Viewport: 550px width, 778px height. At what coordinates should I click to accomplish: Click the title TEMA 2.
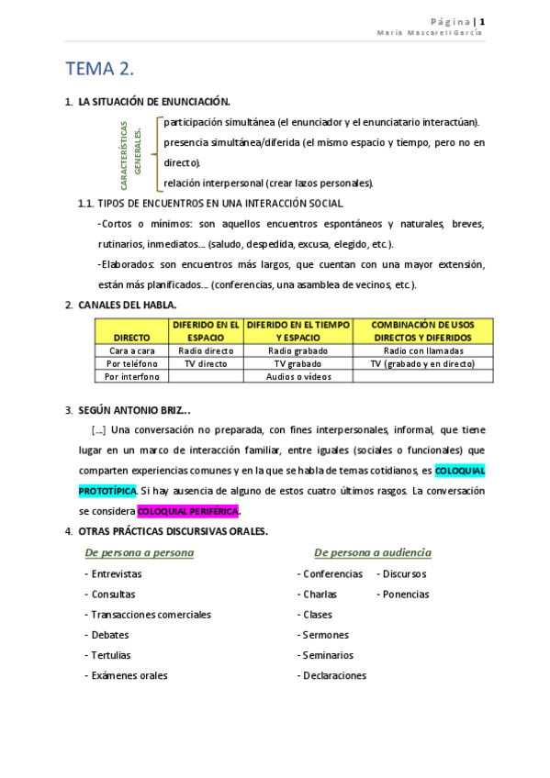click(x=100, y=70)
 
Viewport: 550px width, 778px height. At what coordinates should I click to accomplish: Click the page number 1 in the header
click(x=481, y=21)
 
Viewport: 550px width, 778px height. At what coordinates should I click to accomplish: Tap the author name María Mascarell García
click(x=430, y=34)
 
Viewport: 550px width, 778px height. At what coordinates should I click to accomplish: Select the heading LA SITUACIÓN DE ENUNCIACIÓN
click(x=154, y=102)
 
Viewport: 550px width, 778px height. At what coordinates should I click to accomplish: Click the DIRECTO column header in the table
click(x=131, y=338)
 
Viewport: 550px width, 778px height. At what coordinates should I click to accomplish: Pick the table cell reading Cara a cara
click(x=131, y=350)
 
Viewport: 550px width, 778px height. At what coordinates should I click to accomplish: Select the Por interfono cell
click(x=132, y=376)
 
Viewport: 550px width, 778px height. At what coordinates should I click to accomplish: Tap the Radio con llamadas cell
click(x=422, y=350)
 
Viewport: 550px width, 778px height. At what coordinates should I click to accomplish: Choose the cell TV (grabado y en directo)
click(x=422, y=363)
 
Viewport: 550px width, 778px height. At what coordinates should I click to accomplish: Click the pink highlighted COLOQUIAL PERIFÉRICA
click(x=187, y=511)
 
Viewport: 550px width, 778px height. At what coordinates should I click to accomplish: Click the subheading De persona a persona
click(x=140, y=552)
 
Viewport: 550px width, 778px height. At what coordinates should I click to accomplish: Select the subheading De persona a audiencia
click(x=372, y=552)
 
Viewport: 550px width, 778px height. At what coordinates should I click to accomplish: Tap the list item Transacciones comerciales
click(x=151, y=615)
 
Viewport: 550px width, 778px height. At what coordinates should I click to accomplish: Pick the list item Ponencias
click(x=405, y=595)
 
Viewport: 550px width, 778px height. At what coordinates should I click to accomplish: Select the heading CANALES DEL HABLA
click(x=128, y=305)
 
